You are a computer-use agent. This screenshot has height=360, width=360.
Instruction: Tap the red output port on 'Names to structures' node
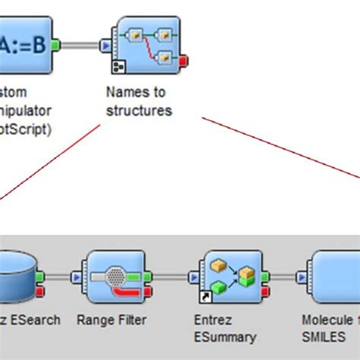[x=184, y=60]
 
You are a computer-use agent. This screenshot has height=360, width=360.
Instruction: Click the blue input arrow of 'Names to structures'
[x=106, y=46]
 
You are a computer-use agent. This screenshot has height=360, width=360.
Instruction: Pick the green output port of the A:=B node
[x=55, y=46]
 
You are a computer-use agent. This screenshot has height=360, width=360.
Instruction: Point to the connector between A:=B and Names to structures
[x=80, y=46]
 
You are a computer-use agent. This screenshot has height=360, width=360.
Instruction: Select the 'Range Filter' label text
[x=112, y=320]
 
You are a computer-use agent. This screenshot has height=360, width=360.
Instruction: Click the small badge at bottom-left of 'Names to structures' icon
[x=118, y=67]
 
